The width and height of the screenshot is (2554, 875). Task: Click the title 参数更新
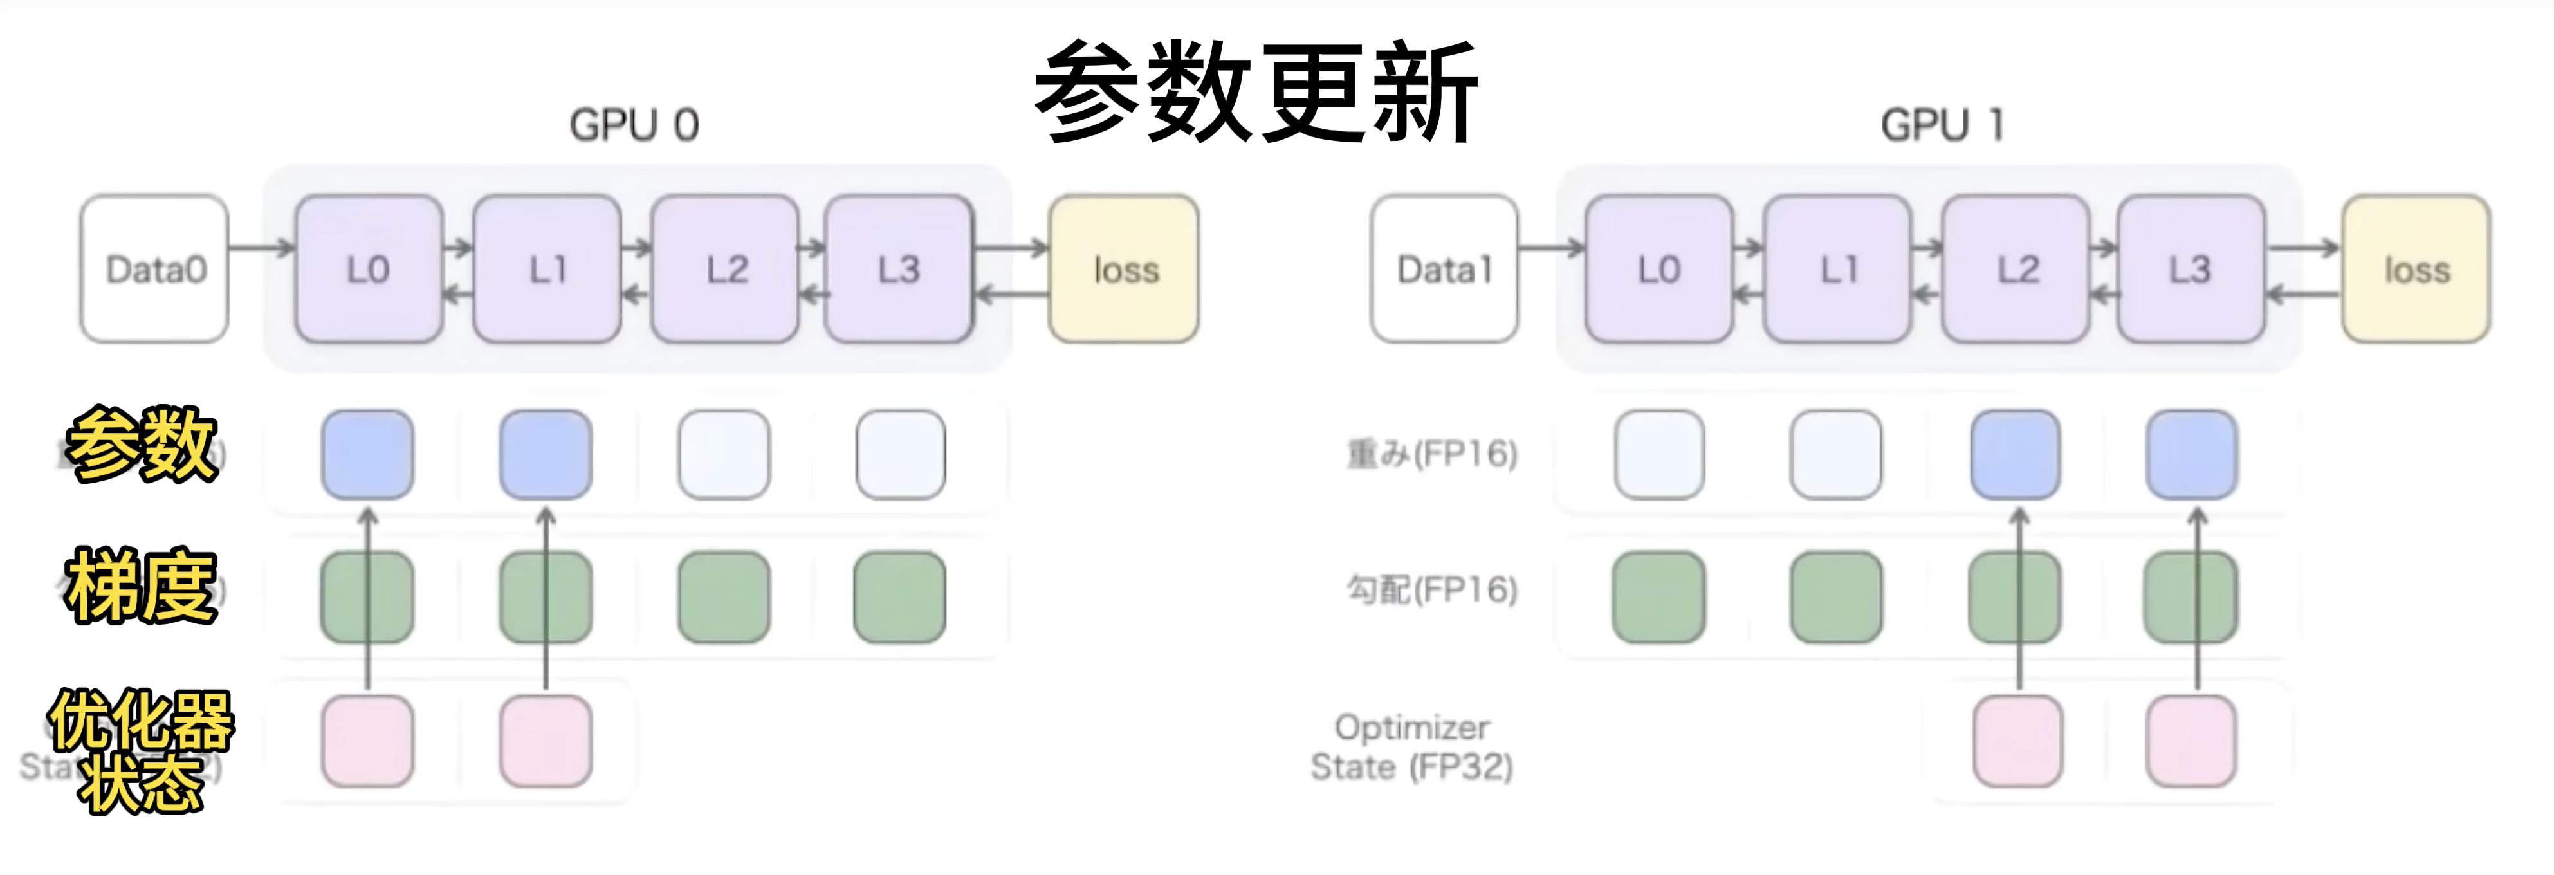1256,92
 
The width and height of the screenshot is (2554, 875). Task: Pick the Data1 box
1444,269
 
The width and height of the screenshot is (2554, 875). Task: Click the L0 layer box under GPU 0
368,269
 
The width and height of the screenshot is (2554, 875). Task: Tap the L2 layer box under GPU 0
726,269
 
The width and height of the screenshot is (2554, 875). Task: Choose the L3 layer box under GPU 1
2190,269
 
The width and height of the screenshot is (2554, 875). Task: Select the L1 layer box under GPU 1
1837,269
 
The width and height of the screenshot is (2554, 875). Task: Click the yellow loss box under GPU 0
1125,269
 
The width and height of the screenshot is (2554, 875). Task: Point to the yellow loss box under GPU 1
2416,269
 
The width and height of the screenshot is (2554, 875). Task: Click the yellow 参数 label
141,445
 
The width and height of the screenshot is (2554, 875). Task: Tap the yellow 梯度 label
141,586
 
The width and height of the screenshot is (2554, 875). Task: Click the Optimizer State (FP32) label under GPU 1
1412,747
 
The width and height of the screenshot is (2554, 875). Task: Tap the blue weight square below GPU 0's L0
368,454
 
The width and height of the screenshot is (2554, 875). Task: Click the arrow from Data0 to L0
262,246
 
